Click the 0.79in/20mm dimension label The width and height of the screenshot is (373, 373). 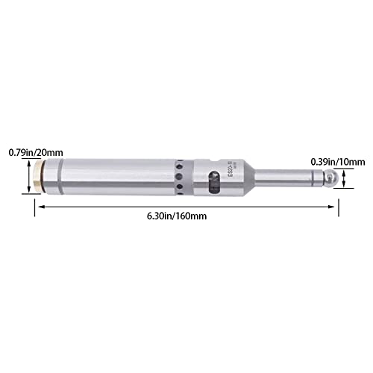[28, 151]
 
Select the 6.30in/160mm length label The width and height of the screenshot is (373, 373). [178, 216]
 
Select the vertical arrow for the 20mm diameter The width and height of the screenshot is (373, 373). [31, 179]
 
